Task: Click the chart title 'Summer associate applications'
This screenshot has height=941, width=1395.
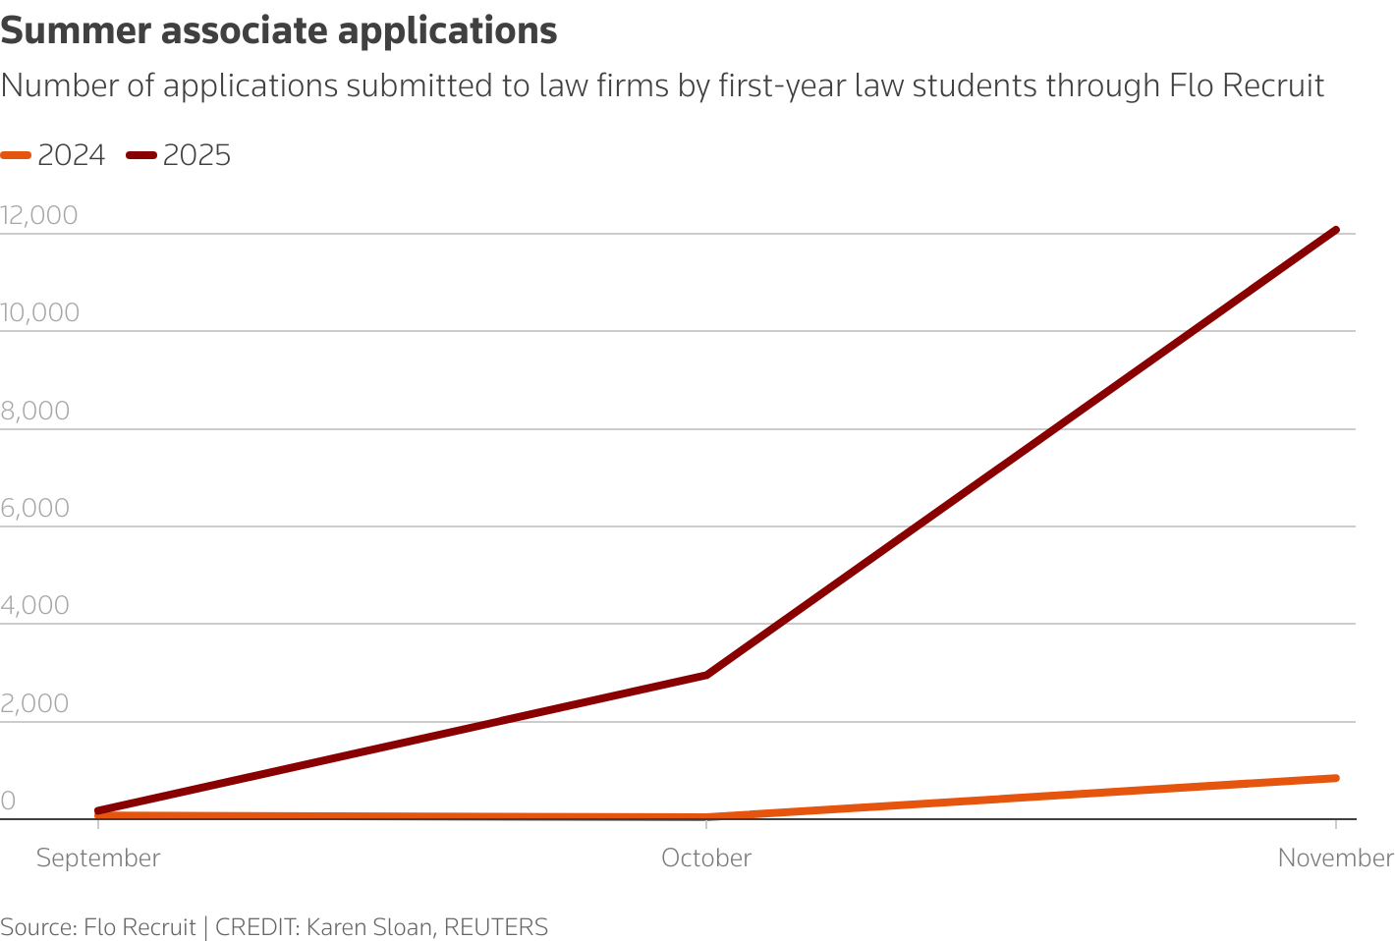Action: (x=279, y=31)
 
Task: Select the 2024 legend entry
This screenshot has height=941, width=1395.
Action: (x=54, y=155)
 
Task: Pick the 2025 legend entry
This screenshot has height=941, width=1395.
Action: (x=180, y=155)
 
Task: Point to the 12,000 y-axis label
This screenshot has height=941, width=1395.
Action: (x=39, y=215)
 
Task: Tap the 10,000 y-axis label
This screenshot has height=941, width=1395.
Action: (x=39, y=312)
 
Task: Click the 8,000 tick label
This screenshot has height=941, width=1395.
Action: (x=35, y=411)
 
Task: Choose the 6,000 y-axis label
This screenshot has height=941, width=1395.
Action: (x=35, y=508)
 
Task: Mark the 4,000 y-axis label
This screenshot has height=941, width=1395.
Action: (x=35, y=605)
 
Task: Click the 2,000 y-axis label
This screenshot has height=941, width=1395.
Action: (x=35, y=703)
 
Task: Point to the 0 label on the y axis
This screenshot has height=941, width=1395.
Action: (x=8, y=801)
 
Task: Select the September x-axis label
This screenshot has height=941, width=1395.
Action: (x=98, y=858)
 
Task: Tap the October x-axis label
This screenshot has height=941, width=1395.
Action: (x=706, y=858)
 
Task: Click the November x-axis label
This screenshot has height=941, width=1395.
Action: (x=1334, y=858)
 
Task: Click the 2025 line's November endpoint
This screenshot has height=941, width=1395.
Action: (x=1335, y=230)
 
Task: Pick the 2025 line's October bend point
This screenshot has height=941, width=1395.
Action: (x=706, y=675)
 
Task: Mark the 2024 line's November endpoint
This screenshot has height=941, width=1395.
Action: (x=1335, y=778)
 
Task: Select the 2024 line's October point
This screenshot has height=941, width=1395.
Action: (x=706, y=817)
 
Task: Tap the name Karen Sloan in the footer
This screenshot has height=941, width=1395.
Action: (x=370, y=927)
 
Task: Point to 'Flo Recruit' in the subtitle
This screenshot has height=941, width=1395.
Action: (x=1247, y=85)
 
